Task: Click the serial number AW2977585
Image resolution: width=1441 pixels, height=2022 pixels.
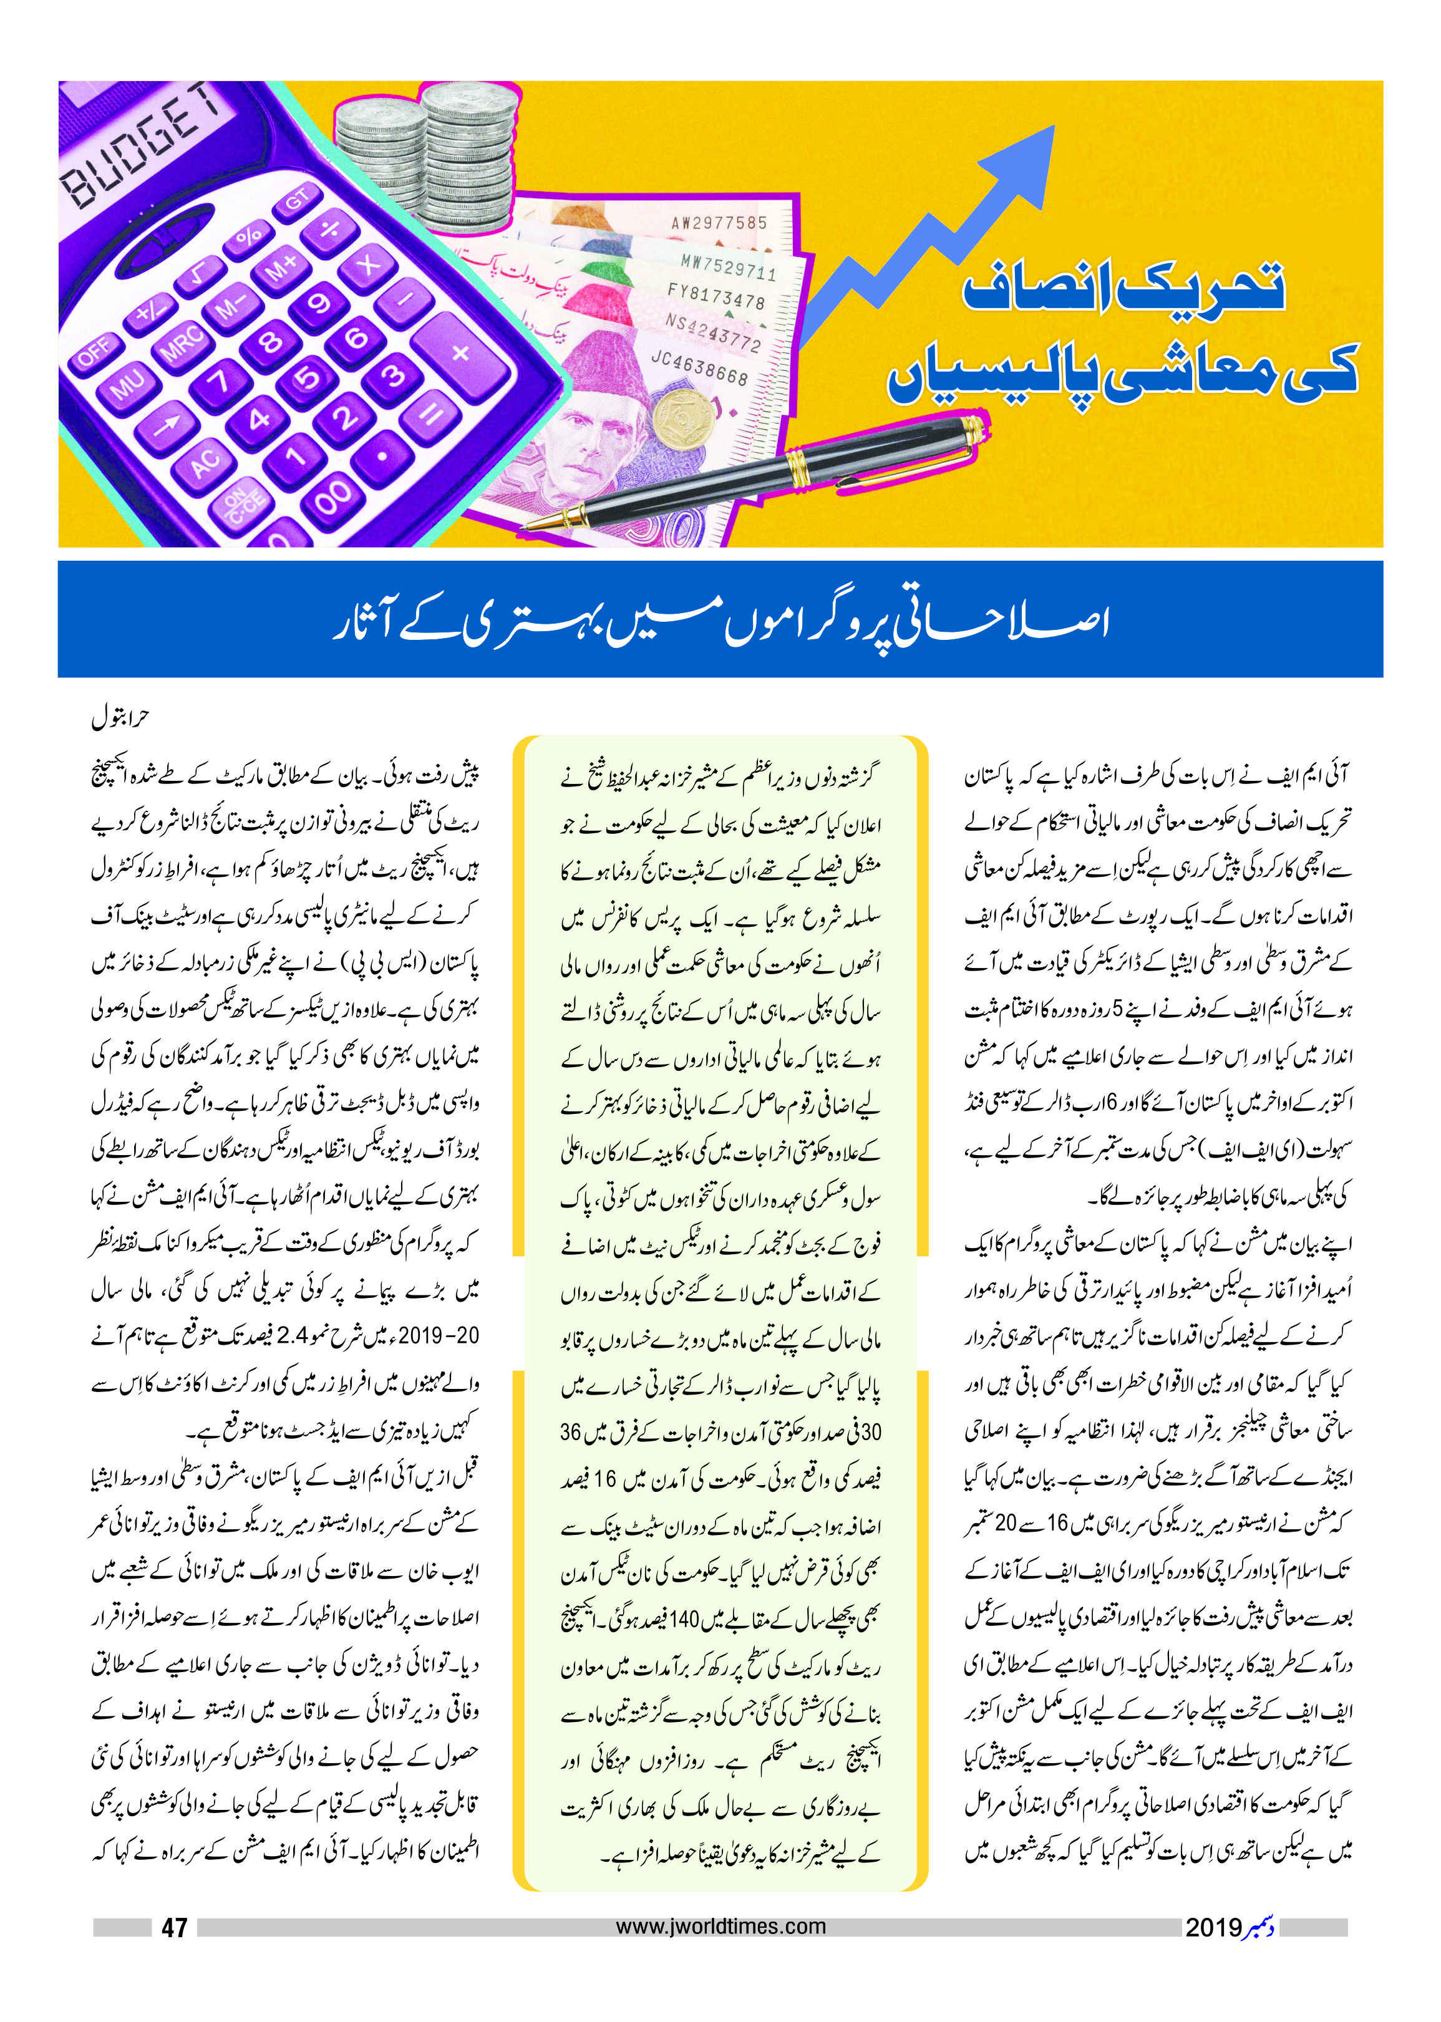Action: tap(719, 222)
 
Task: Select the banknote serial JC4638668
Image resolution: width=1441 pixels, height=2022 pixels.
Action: tap(699, 367)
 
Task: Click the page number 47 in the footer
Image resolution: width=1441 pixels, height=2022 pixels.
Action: tap(175, 1927)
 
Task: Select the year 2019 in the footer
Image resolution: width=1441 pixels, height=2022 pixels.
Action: tap(1213, 1927)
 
